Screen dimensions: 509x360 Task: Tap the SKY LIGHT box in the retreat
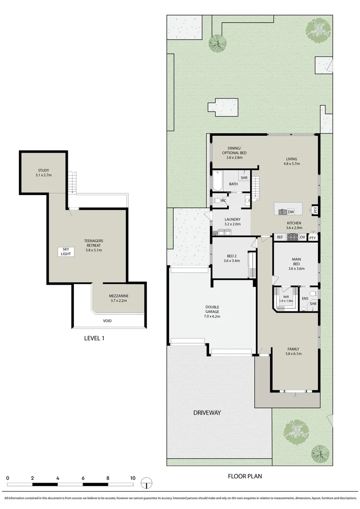[65, 252]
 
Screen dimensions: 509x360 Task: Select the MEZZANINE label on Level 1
[119, 296]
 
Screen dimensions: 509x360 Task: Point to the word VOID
[108, 321]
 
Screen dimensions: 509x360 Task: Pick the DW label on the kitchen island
[291, 212]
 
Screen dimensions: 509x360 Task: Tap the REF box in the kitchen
[279, 237]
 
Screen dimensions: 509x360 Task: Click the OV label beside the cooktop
[302, 237]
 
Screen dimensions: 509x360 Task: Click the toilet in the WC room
[215, 201]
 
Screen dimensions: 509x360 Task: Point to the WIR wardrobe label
[286, 296]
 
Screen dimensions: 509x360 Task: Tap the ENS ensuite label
[305, 298]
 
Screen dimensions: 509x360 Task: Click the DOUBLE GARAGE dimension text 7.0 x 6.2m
[212, 317]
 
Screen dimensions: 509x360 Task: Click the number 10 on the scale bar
[132, 478]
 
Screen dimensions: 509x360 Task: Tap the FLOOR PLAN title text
[245, 476]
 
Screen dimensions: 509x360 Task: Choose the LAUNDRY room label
[232, 219]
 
